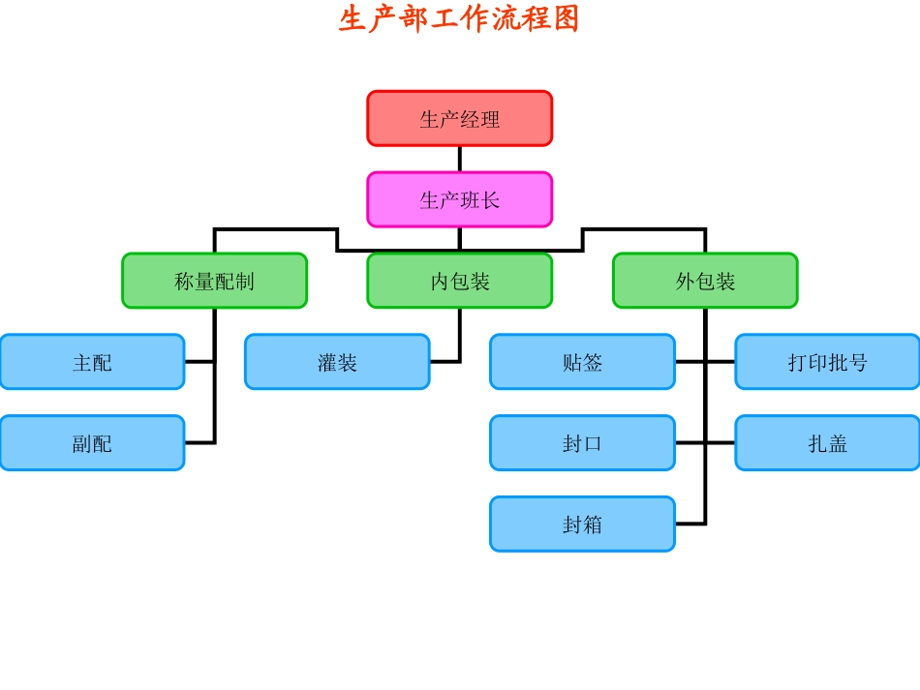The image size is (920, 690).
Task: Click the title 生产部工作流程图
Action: click(459, 18)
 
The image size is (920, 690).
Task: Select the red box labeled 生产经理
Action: click(459, 119)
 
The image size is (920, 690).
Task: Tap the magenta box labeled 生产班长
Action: click(459, 200)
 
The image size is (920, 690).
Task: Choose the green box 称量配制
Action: click(214, 281)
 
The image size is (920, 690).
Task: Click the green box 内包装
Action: click(459, 281)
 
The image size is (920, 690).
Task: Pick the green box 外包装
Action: click(705, 281)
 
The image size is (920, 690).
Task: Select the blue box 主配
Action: click(92, 362)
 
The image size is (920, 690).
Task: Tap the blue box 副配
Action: click(92, 443)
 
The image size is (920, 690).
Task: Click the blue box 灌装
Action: click(337, 362)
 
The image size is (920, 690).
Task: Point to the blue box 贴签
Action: click(582, 362)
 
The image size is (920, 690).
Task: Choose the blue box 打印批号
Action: click(827, 362)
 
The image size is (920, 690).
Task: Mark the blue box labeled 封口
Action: click(582, 443)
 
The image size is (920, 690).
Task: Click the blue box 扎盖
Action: click(827, 443)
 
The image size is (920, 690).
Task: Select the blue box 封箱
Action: click(582, 524)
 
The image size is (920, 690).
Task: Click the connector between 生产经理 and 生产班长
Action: click(459, 159)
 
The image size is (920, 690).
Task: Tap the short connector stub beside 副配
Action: click(199, 443)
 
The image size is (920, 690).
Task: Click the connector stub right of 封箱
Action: click(690, 524)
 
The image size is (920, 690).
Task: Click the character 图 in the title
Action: click(567, 18)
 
